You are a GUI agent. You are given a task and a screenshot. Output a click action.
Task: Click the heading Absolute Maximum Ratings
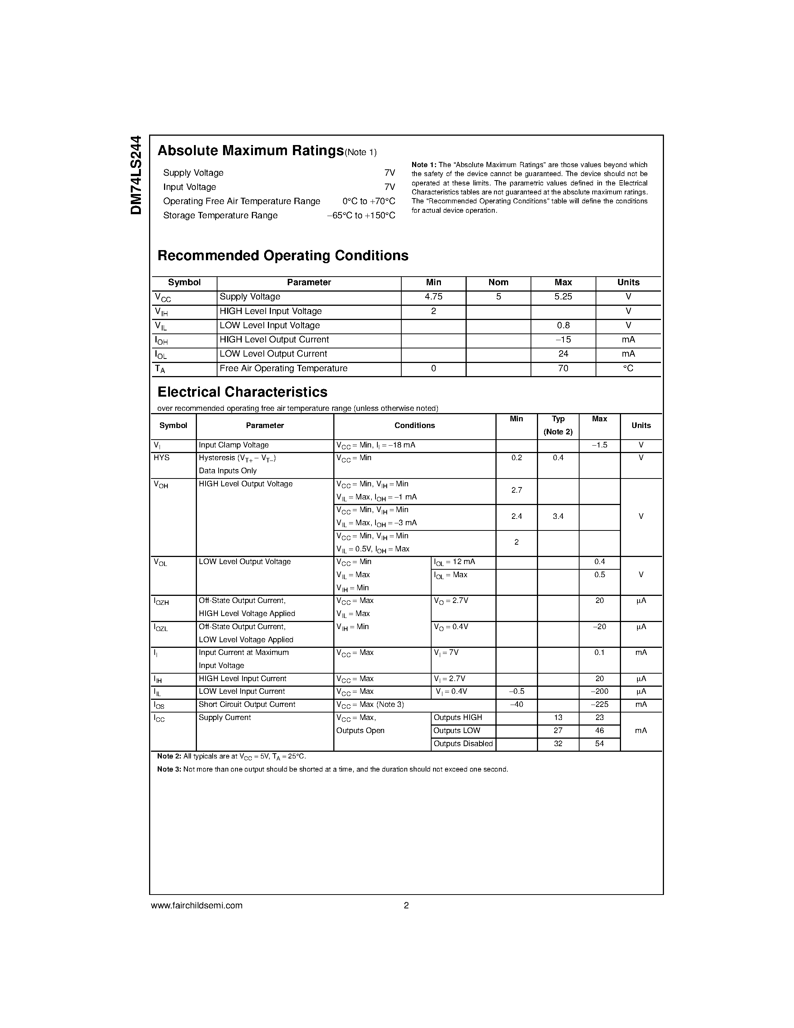coord(250,151)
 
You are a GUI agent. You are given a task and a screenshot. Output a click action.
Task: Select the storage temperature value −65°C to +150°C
coord(361,216)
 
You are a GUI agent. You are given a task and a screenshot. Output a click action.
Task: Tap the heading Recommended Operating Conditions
coord(283,256)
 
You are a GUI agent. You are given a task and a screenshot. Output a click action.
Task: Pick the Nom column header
coord(498,282)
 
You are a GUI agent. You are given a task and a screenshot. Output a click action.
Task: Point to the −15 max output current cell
coord(563,340)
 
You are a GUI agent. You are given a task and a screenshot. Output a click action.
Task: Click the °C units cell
coord(628,369)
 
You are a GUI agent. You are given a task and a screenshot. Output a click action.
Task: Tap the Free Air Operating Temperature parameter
coord(283,369)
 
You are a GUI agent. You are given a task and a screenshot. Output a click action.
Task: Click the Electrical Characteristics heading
coord(242,392)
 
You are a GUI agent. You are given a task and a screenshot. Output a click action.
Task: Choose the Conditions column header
coord(414,425)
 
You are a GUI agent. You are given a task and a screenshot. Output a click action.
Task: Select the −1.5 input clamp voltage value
coord(599,445)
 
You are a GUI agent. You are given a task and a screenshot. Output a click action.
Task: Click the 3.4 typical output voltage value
coord(558,516)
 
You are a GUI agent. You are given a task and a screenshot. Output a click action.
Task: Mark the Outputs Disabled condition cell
coord(463,744)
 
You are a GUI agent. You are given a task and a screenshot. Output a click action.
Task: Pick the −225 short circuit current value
coord(599,705)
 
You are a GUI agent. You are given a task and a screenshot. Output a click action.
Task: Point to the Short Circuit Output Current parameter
coord(247,705)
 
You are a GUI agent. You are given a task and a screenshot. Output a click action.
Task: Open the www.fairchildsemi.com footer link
coord(197,906)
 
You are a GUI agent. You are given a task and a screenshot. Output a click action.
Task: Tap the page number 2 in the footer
coord(406,906)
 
